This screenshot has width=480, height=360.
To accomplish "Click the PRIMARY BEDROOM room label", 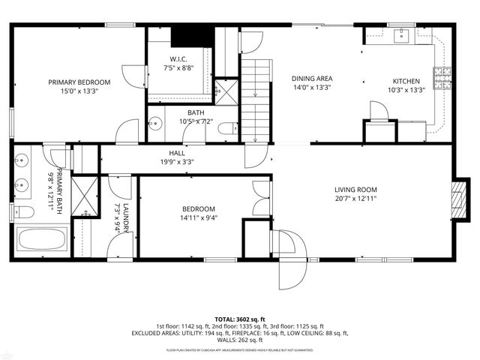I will [x=79, y=82].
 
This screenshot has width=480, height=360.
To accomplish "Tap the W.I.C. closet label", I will [x=178, y=58].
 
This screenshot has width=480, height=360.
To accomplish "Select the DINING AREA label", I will [x=313, y=79].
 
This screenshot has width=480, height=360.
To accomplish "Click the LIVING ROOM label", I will [x=355, y=190].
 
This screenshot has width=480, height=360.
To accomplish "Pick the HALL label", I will [x=177, y=152].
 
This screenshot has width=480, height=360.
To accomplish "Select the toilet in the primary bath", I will [x=23, y=211].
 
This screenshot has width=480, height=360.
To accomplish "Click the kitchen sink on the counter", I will [x=401, y=34].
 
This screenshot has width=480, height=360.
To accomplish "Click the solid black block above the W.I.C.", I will [x=184, y=36].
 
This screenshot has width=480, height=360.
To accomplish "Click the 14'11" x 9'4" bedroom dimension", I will [x=199, y=219].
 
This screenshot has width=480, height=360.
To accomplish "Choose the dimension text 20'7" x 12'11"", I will [x=355, y=199].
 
